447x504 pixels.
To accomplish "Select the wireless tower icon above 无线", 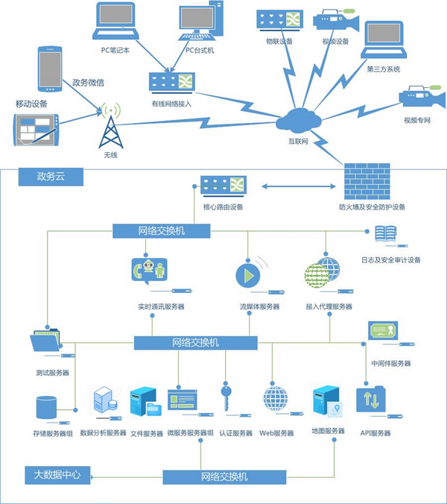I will point(110,127).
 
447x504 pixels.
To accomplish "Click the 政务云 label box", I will point(52,177).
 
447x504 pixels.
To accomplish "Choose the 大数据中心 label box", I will point(57,473).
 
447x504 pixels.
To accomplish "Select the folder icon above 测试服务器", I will point(47,341).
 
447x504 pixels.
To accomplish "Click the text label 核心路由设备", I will point(223,207).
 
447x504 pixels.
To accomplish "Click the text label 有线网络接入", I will point(172,104).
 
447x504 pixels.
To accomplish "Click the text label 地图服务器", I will point(328,431).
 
